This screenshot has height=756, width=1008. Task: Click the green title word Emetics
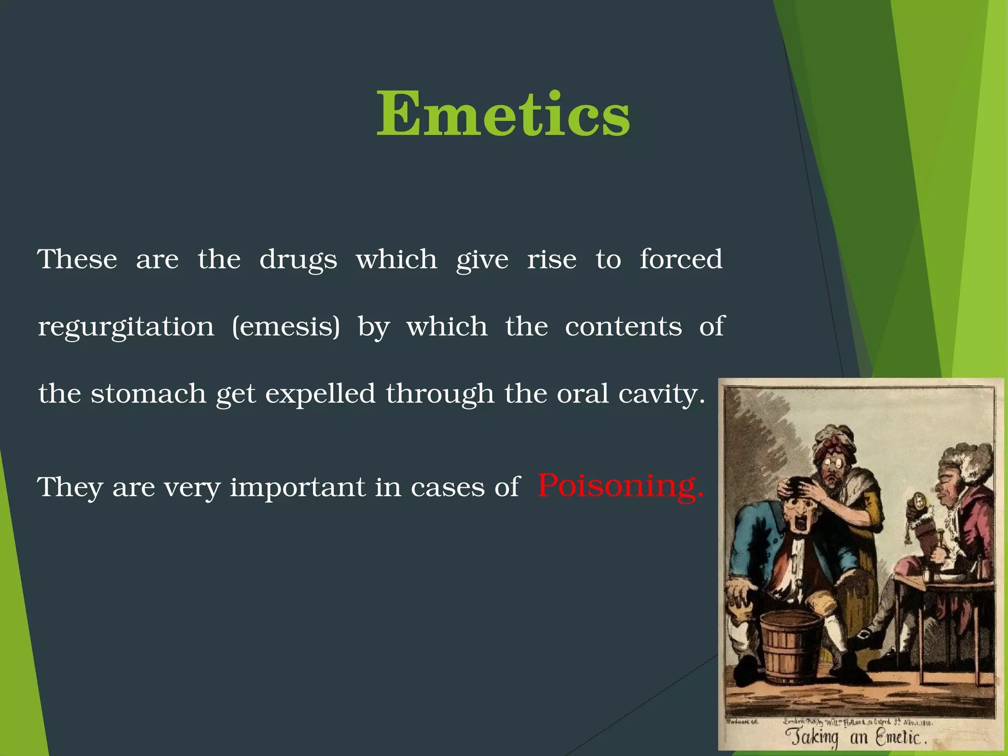[503, 114]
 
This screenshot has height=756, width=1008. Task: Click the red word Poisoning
[620, 486]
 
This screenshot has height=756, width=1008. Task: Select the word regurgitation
[126, 327]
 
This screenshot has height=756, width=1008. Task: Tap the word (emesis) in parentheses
[285, 327]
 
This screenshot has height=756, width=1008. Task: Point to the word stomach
[148, 394]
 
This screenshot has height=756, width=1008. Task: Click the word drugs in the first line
[298, 260]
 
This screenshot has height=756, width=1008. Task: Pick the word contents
[623, 326]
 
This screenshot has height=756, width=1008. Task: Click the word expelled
[320, 394]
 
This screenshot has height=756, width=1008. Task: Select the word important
[298, 487]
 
